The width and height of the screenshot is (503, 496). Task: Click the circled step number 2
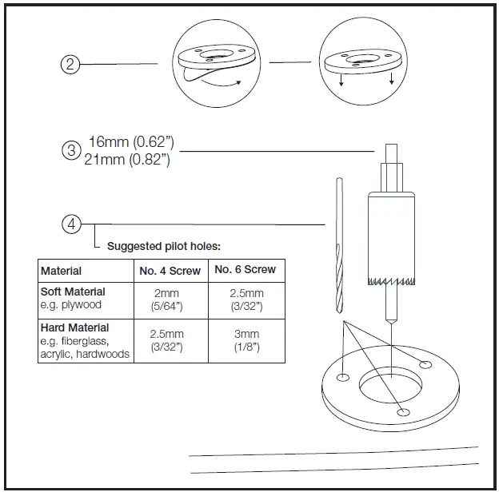tap(70, 65)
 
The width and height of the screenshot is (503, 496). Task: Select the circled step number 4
tap(71, 224)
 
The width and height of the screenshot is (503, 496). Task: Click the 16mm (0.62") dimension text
tap(131, 142)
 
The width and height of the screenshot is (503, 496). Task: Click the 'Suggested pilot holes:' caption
tap(164, 246)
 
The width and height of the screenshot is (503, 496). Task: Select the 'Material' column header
tap(62, 271)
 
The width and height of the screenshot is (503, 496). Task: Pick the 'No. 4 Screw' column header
tap(170, 271)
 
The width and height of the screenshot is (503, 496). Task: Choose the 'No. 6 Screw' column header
tap(245, 270)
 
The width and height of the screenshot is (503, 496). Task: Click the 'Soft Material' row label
tap(73, 292)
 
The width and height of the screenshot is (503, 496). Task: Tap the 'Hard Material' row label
tap(74, 327)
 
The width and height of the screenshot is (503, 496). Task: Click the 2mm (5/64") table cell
tap(170, 300)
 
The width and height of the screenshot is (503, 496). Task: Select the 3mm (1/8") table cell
tap(246, 340)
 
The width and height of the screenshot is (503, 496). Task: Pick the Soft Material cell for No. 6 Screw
tap(246, 300)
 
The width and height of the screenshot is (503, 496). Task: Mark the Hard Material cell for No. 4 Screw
tap(170, 340)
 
